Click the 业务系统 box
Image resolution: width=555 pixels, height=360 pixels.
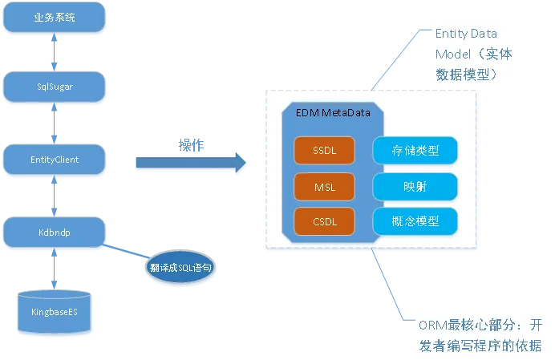pos(55,18)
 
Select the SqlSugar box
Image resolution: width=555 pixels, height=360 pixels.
pos(55,87)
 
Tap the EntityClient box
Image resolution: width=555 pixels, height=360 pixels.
pos(55,160)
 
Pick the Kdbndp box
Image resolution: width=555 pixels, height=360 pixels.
pos(55,232)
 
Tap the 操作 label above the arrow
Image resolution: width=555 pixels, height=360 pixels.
pos(191,145)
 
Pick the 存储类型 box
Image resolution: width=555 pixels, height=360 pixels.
pos(415,150)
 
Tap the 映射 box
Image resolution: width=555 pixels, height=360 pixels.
pos(415,186)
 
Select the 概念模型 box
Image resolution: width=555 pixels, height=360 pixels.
pos(415,221)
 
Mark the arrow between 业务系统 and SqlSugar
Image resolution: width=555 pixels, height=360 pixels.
pos(55,52)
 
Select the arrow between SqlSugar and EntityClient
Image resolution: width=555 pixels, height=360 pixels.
pos(55,123)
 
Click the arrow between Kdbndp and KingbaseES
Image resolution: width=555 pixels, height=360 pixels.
pos(55,269)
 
